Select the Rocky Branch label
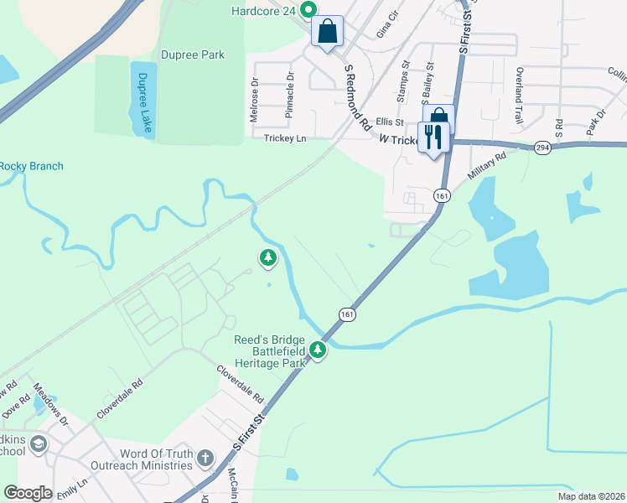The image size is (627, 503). click(x=31, y=166)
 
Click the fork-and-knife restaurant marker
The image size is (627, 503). click(x=433, y=137)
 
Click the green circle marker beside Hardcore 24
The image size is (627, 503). click(x=308, y=10)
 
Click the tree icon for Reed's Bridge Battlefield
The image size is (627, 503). click(x=318, y=350)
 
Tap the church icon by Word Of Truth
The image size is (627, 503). click(x=205, y=457)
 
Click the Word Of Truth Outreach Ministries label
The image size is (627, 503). click(x=156, y=459)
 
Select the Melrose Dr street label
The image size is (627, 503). click(x=255, y=101)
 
